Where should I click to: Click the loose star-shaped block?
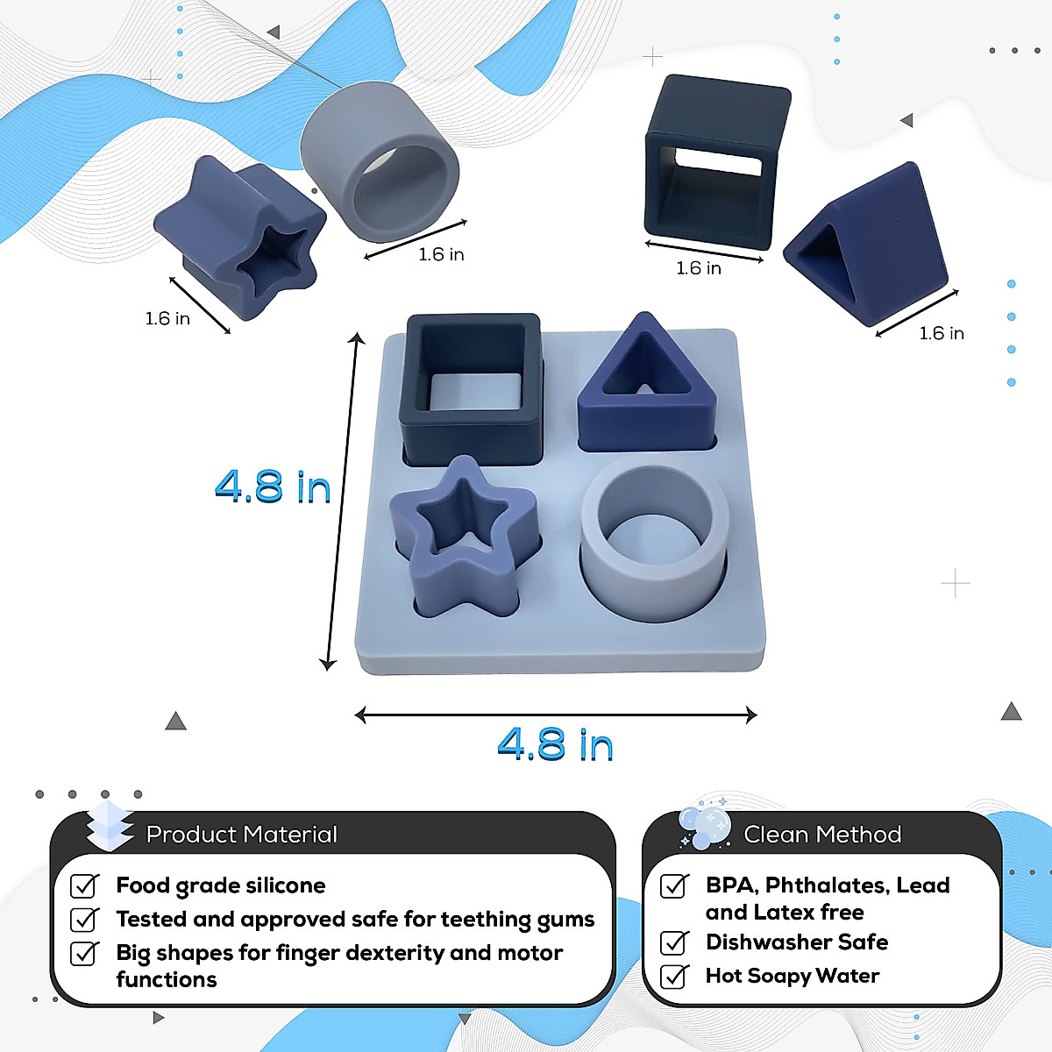(x=237, y=232)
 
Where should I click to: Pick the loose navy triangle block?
(x=868, y=245)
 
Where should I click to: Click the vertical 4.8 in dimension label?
(x=273, y=487)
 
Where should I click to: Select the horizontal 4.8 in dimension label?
(x=555, y=745)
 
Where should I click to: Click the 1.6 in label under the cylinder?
(x=441, y=254)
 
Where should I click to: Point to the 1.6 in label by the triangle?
(x=942, y=333)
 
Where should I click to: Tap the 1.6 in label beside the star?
(x=167, y=318)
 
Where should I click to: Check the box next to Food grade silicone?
(x=84, y=886)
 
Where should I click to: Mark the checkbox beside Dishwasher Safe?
(x=674, y=942)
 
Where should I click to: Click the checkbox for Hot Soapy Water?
(x=674, y=976)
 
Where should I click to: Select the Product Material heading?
(x=241, y=835)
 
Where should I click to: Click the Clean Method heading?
(x=822, y=835)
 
